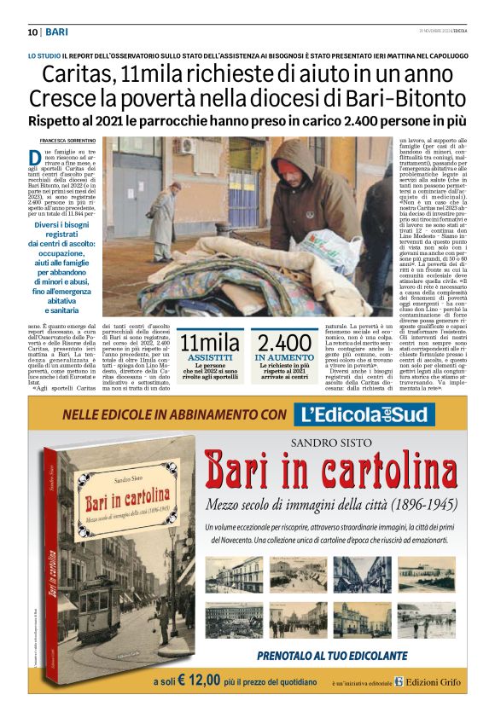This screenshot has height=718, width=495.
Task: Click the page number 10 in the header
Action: (x=32, y=32)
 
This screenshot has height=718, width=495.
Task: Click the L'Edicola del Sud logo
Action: (x=364, y=415)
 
